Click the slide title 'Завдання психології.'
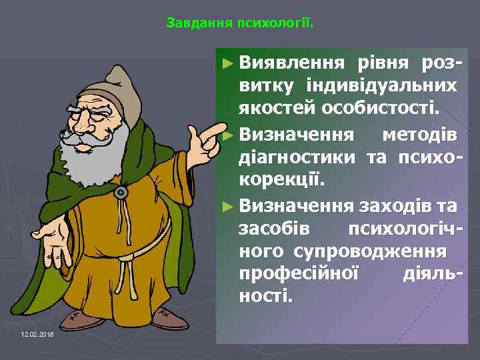point(239,24)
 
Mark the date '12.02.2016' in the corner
point(37,333)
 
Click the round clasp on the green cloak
point(121,192)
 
